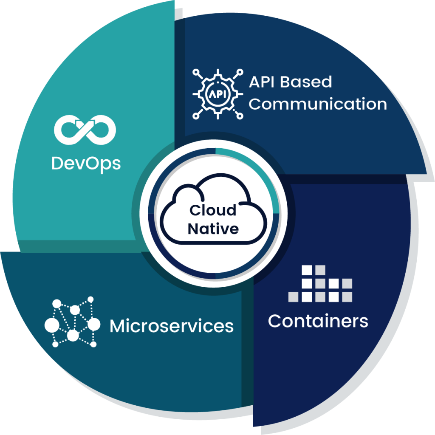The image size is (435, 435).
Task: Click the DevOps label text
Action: tap(86, 163)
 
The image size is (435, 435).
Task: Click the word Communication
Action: tap(317, 104)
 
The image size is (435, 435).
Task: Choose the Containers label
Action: tap(318, 321)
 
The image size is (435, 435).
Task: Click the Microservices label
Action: tap(172, 326)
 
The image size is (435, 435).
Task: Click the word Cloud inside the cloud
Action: tap(213, 210)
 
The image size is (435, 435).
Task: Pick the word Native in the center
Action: tap(213, 229)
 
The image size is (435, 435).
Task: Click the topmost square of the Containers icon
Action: tap(307, 270)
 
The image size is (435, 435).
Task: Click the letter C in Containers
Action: tap(275, 321)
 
